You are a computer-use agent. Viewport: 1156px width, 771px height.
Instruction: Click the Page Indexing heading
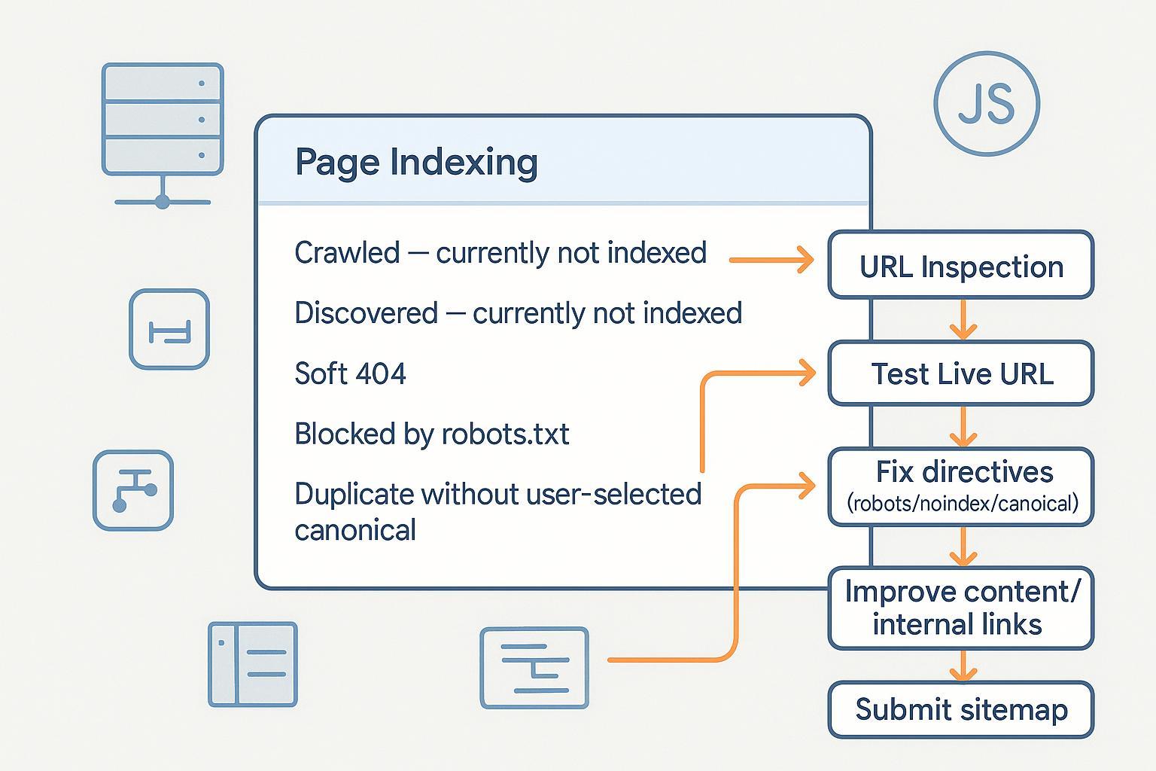coord(416,162)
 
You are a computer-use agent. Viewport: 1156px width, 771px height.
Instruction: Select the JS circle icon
coord(986,104)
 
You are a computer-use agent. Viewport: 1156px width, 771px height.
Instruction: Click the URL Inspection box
coord(960,266)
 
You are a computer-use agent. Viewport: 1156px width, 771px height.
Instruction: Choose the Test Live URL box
coord(960,373)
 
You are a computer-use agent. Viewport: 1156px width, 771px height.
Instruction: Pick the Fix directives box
coord(960,486)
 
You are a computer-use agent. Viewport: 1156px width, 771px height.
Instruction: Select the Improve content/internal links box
coord(960,608)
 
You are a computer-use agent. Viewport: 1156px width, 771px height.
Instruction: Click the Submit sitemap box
coord(960,709)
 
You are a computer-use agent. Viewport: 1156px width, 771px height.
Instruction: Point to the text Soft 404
coord(350,373)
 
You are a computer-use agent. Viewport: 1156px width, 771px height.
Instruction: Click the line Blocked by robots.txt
coord(431,434)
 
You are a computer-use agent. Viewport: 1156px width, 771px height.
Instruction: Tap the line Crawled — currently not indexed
coord(500,253)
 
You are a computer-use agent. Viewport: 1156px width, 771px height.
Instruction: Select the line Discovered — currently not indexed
coord(518,313)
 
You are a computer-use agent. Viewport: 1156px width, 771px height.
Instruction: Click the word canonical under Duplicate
coord(355,530)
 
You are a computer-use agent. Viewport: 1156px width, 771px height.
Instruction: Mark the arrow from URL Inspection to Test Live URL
coord(963,319)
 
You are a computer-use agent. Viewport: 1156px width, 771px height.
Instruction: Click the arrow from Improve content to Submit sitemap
coord(963,665)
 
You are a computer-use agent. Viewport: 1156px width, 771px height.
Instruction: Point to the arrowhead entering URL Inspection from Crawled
coord(805,260)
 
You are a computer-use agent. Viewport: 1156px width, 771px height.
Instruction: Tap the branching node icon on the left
coord(133,490)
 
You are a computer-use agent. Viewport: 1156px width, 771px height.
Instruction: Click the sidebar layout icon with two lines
coord(253,663)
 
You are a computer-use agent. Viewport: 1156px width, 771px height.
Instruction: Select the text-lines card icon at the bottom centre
coord(534,668)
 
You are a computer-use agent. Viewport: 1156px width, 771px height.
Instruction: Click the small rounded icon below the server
coord(169,329)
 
